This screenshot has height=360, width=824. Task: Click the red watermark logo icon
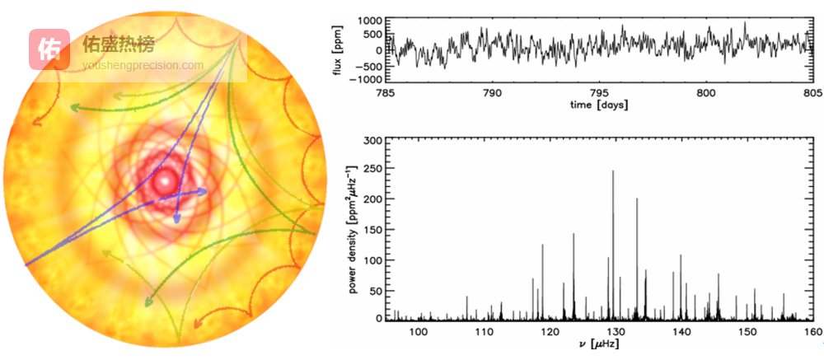tap(50, 49)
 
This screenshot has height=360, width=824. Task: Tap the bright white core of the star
tap(166, 180)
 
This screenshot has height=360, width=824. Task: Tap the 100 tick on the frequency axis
tap(418, 331)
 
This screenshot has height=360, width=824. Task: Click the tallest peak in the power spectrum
tap(613, 172)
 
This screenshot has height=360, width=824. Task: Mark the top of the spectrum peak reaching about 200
tap(637, 199)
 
